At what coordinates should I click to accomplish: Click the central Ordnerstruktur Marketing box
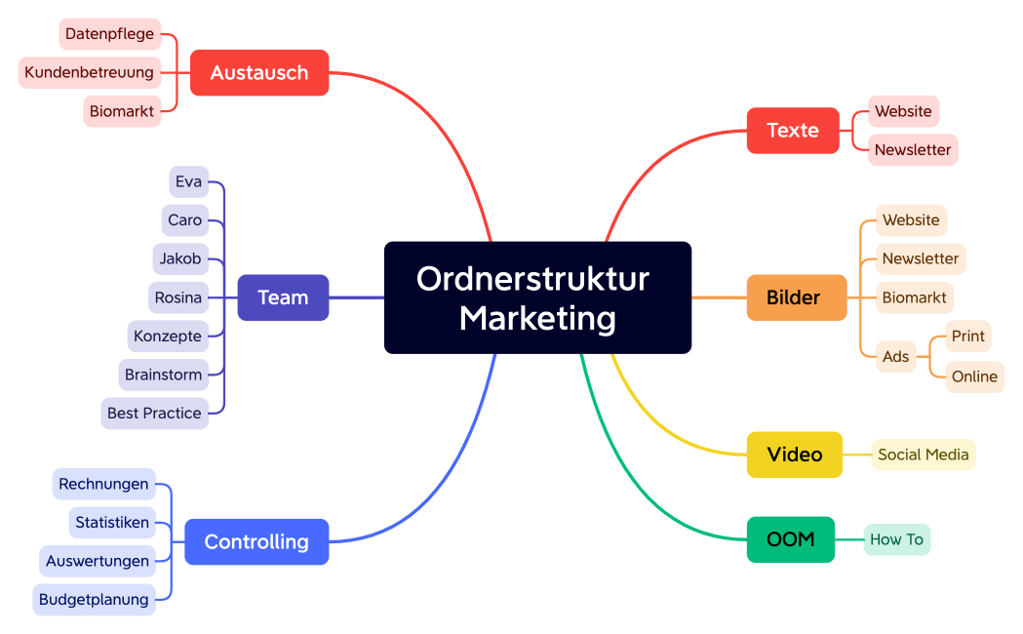(537, 297)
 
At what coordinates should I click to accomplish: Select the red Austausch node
(259, 73)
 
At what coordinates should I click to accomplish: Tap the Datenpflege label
(109, 34)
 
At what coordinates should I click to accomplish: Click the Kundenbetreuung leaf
(90, 72)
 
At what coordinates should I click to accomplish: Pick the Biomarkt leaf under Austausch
(122, 111)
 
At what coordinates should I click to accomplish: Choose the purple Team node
(283, 297)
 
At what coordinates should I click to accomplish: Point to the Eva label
(189, 181)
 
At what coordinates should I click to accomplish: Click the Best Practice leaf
(154, 413)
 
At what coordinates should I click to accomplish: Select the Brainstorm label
(163, 375)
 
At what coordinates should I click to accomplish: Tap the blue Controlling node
(256, 541)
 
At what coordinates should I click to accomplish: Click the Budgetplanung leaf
(94, 599)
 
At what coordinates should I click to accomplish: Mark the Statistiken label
(112, 522)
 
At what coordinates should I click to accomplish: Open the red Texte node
(793, 131)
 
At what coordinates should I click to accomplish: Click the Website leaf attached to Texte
(903, 111)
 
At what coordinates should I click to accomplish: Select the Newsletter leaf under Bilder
(921, 258)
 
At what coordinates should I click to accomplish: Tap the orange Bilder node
(797, 297)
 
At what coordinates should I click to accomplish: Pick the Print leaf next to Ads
(968, 337)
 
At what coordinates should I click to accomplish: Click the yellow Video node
(795, 455)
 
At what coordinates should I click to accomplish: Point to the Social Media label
(924, 455)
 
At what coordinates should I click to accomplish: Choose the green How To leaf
(896, 539)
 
